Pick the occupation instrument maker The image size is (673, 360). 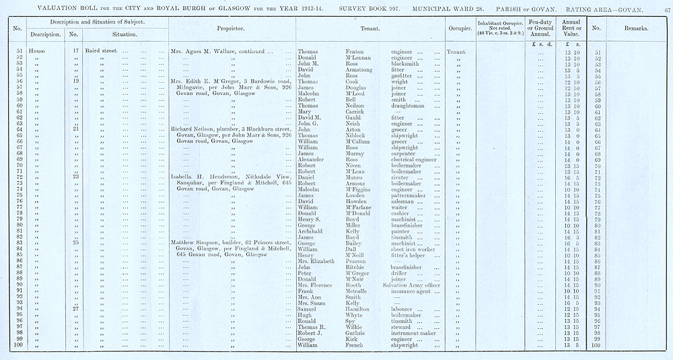click(x=413, y=332)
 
